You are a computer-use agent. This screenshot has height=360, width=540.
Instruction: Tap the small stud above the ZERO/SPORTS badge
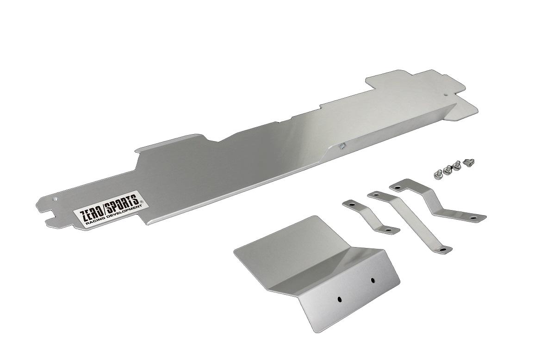(55, 199)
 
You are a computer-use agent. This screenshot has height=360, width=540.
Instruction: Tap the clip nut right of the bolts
(469, 161)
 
